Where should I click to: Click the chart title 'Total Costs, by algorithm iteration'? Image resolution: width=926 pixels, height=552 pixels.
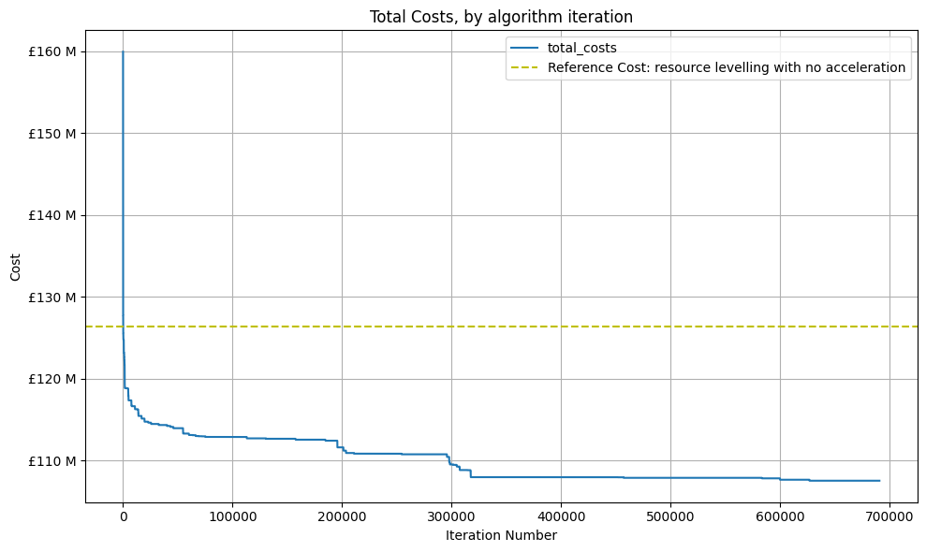(501, 17)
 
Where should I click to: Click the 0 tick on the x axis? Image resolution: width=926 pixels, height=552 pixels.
(123, 516)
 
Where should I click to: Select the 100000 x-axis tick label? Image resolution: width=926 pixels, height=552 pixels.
(232, 516)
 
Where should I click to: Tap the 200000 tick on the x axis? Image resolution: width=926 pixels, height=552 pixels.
(342, 516)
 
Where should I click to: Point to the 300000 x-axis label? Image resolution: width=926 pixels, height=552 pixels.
(451, 516)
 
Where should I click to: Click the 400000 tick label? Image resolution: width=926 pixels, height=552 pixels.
(561, 516)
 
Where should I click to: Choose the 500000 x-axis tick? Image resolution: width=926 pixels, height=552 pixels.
(670, 516)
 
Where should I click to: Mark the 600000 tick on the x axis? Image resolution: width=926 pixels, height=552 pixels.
(780, 516)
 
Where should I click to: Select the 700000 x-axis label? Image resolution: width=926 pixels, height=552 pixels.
(889, 516)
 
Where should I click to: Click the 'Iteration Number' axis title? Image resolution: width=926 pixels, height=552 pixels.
(501, 535)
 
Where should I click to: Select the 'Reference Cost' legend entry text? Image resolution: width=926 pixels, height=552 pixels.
(727, 67)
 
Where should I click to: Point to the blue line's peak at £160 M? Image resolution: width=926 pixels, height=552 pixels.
(123, 51)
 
